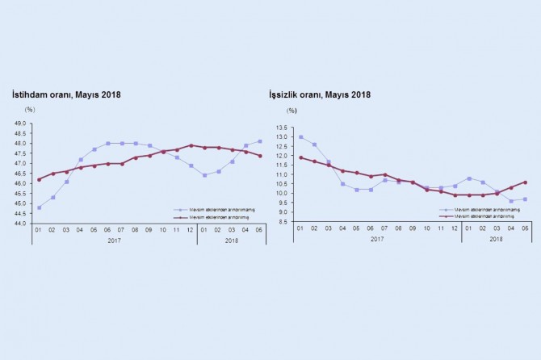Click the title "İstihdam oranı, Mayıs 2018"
coord(65,94)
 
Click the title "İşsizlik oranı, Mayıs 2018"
coord(320,94)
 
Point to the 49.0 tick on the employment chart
coord(21,123)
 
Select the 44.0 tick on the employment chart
coord(21,223)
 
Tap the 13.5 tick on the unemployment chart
coord(282,128)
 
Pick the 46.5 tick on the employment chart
coord(21,173)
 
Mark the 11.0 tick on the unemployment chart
coord(282,174)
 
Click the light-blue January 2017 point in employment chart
coord(39,207)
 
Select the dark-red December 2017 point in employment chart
coord(191,145)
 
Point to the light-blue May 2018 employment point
coord(260,141)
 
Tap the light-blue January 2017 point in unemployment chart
coord(301,136)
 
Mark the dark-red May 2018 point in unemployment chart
coord(526,182)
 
